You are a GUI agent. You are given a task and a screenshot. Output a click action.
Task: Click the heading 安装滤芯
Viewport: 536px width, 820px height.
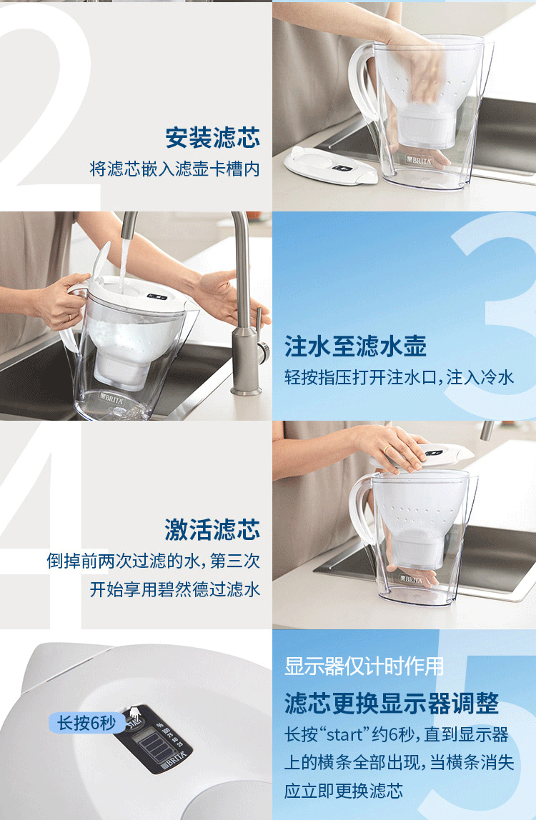coord(212,138)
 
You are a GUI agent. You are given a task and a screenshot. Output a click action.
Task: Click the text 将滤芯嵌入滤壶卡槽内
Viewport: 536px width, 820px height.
coord(175,169)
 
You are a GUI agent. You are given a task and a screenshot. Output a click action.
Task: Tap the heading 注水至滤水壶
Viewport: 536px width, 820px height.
coord(355,346)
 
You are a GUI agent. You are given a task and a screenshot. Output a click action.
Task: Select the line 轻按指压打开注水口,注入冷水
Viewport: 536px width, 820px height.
coord(399,377)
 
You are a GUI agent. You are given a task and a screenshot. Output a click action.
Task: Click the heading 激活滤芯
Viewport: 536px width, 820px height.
coord(212,529)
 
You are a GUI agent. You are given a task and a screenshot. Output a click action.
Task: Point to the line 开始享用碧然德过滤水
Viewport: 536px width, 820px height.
coord(175,589)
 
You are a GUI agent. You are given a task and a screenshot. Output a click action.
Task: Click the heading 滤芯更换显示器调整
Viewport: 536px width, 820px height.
coord(392,704)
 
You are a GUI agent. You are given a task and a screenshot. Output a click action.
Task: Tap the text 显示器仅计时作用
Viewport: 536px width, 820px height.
coord(364,666)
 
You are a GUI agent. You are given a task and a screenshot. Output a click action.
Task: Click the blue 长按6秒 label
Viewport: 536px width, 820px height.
coord(87,723)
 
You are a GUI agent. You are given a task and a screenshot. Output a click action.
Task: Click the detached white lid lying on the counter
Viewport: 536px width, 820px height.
coord(329,166)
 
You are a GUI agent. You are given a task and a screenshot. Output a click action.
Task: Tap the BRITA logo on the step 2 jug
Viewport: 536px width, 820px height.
coord(419,161)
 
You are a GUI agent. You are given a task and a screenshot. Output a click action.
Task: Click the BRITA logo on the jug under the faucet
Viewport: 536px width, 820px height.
coord(111,399)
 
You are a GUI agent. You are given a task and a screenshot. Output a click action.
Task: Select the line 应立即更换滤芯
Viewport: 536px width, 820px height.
coord(343,790)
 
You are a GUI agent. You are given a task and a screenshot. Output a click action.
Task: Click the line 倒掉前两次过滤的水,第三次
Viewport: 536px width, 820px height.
coord(154,561)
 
